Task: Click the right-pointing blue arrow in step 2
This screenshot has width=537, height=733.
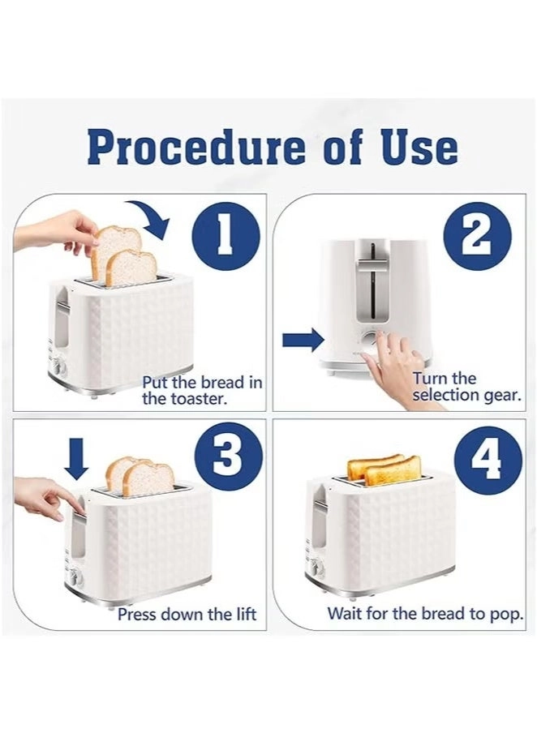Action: tap(303, 340)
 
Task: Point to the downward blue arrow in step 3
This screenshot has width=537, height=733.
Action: tap(77, 460)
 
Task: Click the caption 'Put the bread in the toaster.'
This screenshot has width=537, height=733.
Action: tap(202, 390)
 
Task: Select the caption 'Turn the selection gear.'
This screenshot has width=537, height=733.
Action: tap(456, 387)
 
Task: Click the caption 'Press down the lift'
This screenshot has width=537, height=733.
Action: tap(187, 614)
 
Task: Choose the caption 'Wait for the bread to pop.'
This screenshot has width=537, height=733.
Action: tap(425, 614)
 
